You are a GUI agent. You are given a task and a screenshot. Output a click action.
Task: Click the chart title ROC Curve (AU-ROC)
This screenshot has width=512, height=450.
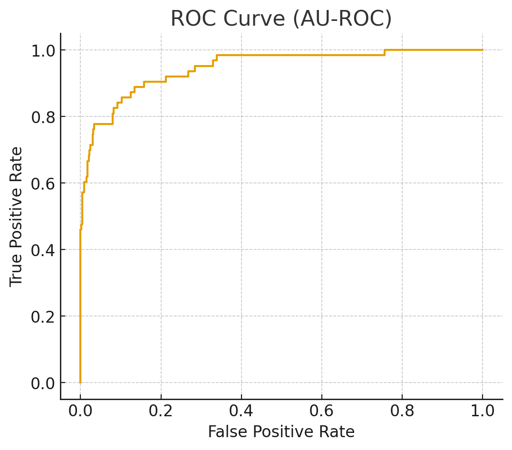pos(281,19)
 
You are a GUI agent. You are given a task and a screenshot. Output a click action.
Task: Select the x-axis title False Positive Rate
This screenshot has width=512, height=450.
pos(281,431)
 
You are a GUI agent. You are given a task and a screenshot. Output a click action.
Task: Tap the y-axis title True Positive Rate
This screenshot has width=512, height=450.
pos(17,216)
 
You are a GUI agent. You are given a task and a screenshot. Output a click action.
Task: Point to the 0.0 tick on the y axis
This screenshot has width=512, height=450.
pos(43,383)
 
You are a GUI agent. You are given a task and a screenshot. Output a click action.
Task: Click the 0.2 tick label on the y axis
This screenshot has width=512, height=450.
pos(43,316)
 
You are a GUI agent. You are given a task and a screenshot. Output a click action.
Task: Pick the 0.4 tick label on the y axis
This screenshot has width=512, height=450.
pos(43,250)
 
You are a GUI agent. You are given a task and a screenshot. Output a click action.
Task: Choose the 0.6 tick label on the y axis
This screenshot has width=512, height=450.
pos(43,183)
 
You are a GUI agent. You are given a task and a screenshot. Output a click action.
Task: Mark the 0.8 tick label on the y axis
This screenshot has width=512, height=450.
pos(43,117)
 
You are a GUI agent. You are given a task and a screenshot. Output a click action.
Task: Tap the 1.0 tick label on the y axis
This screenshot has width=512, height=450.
pos(43,50)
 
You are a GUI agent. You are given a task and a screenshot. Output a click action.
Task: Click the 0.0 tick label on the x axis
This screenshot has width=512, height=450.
pos(80,412)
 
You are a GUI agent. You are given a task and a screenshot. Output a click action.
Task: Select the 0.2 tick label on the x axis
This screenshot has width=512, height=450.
pos(161,412)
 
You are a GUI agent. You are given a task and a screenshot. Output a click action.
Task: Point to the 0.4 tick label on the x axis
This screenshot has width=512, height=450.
pos(241,412)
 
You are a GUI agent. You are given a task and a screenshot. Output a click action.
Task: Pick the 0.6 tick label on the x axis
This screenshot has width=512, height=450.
pos(322,412)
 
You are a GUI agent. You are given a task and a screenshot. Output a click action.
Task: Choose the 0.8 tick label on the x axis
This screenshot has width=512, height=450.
pos(402,412)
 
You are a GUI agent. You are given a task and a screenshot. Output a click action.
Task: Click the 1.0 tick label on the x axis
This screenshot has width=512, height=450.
pos(483,412)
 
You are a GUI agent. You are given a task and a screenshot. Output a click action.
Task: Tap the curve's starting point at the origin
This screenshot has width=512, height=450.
pos(80,383)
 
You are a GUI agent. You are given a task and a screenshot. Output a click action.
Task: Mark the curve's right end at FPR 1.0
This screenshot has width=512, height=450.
pos(483,50)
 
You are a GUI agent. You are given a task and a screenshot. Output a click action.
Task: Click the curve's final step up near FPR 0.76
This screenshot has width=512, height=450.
pos(384,52)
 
